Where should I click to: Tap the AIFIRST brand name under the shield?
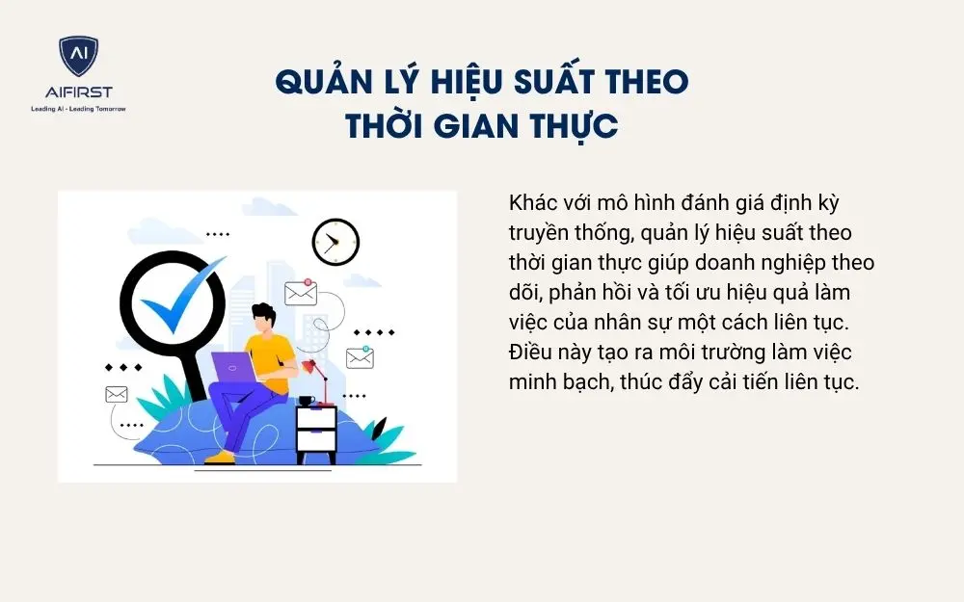(x=78, y=92)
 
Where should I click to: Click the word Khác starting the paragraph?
(x=532, y=205)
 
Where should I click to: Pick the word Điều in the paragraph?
(x=531, y=352)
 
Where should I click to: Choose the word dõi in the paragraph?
(x=526, y=293)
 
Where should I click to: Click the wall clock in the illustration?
(x=335, y=242)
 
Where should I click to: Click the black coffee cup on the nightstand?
(x=307, y=400)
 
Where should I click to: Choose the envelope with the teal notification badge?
(x=360, y=357)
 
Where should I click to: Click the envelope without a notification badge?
(x=117, y=394)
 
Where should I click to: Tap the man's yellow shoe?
(x=221, y=456)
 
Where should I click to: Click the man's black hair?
(x=262, y=314)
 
